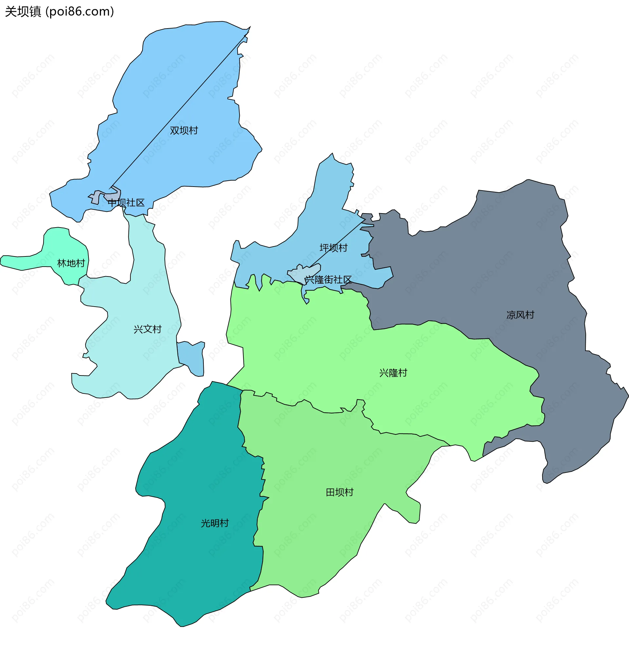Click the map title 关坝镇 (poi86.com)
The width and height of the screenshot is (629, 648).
60,11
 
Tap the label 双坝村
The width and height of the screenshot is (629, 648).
184,131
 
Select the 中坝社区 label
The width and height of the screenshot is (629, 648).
126,203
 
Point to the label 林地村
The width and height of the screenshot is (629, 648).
71,263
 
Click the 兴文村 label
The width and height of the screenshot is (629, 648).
147,329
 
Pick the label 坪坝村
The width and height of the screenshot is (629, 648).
333,248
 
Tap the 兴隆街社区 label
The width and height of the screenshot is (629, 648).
328,280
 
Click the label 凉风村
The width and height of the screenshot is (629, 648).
520,315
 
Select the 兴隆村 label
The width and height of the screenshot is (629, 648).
393,373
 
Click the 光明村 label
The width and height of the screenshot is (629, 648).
215,523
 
